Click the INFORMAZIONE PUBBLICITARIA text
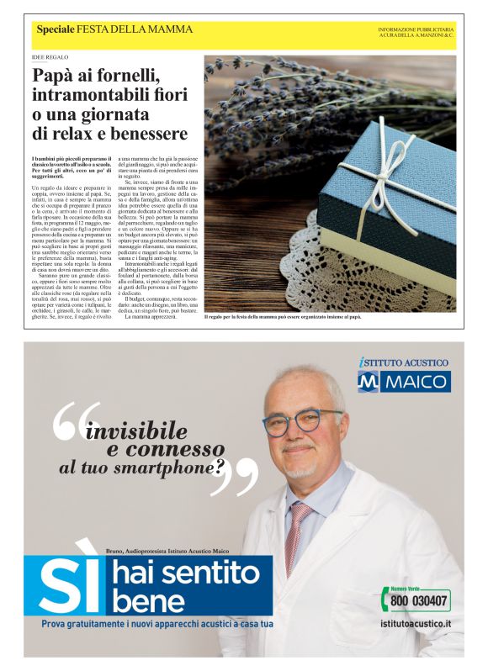416,29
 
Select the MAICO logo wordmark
418,382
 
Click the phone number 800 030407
421,601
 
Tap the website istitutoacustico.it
415,625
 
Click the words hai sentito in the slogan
186,574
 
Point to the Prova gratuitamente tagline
157,624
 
